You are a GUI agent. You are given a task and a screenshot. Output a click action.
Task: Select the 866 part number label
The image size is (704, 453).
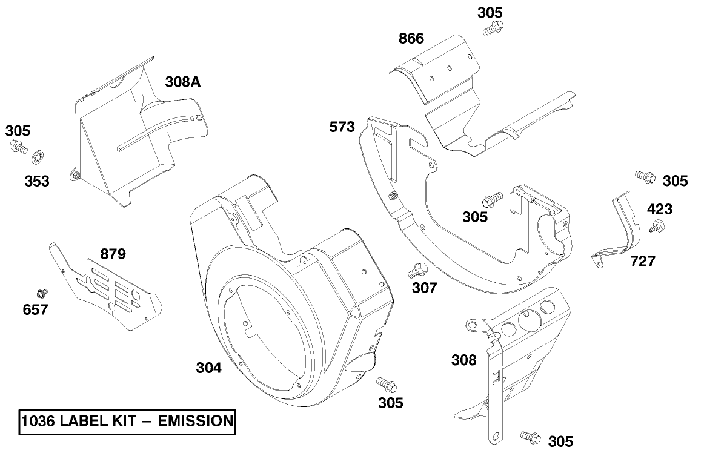[411, 39]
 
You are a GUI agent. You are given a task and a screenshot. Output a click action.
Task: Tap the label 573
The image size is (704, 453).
[342, 127]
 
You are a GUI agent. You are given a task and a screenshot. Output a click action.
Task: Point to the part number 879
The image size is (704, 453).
[113, 254]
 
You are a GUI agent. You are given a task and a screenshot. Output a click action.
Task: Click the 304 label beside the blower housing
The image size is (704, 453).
[208, 367]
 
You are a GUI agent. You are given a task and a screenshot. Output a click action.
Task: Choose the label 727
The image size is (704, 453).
[642, 261]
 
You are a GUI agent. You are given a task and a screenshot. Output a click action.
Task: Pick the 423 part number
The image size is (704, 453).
[660, 210]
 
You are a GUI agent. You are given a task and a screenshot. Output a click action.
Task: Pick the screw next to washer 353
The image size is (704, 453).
[18, 146]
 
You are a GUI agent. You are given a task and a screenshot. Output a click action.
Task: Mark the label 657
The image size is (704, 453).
[36, 310]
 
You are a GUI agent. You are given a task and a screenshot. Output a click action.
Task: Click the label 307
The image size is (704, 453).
[424, 288]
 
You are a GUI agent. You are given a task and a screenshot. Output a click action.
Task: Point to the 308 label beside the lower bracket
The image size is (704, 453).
[463, 360]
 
